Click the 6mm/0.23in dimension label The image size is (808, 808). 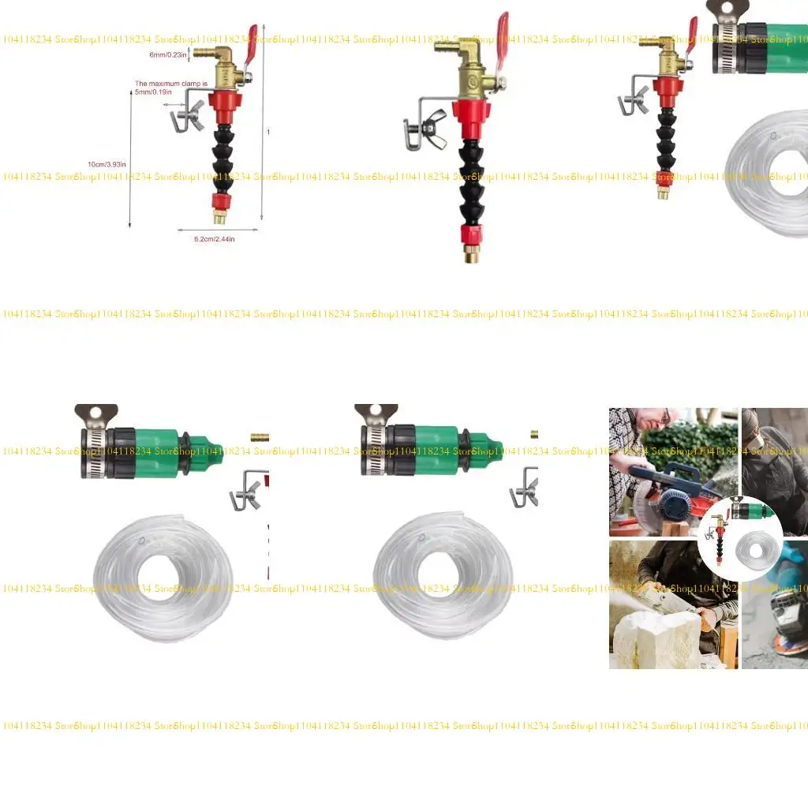point(167,55)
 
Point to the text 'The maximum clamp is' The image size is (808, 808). point(171,83)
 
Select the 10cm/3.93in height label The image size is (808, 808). point(107,164)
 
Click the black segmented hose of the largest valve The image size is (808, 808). point(472,181)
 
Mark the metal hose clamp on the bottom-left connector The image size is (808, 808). point(95,454)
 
